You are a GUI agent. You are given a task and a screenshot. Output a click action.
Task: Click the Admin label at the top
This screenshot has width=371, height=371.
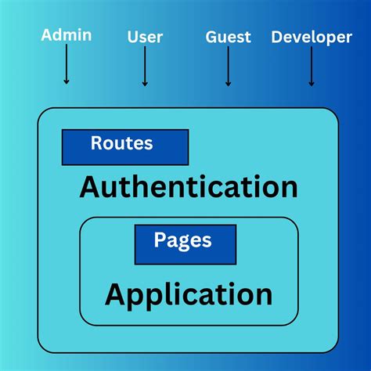tap(67, 34)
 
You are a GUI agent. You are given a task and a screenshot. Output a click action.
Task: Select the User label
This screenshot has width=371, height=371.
tap(144, 36)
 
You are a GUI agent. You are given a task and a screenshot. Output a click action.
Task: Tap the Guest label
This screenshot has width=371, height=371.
tap(228, 36)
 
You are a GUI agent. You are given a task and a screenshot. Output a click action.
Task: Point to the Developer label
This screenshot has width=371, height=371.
tap(312, 37)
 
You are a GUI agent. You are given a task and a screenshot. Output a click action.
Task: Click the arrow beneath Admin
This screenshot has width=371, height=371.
tap(67, 66)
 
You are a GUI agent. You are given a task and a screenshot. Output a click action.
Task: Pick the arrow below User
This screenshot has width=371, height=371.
tap(145, 67)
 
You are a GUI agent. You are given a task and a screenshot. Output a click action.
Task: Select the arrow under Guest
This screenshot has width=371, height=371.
tap(228, 67)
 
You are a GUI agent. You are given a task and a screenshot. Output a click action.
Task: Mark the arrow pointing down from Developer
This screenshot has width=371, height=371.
tap(312, 67)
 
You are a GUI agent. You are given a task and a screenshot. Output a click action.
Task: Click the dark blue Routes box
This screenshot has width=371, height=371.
tap(125, 146)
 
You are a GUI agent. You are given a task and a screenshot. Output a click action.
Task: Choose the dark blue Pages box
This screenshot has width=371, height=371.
tap(185, 243)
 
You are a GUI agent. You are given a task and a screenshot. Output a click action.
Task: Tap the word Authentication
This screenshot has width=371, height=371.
tap(189, 187)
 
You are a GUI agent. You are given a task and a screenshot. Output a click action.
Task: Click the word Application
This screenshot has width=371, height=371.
tap(189, 295)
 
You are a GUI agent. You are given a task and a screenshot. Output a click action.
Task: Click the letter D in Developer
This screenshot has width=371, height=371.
tap(276, 37)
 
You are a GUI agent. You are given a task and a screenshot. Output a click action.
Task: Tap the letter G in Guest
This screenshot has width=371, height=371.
tap(211, 36)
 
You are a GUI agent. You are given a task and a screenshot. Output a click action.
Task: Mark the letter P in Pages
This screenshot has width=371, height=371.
tap(159, 240)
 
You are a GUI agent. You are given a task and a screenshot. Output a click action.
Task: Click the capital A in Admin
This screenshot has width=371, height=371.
tap(47, 34)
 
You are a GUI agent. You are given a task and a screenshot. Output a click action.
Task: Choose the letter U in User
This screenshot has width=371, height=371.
tap(131, 36)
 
